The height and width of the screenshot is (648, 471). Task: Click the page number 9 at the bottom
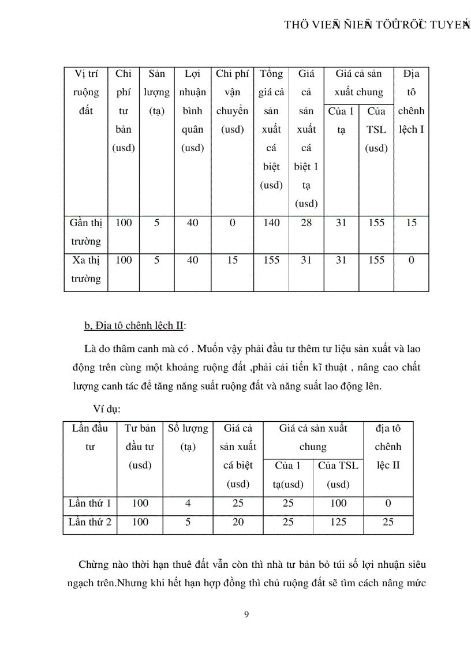click(x=247, y=614)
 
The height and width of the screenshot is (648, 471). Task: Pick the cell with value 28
click(x=306, y=223)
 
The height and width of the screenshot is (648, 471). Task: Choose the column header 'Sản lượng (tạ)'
click(x=156, y=92)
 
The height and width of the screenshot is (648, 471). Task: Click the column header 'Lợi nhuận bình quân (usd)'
click(x=192, y=111)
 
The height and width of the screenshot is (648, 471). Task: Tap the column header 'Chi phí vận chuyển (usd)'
click(x=232, y=102)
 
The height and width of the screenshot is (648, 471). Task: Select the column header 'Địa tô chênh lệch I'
click(x=411, y=102)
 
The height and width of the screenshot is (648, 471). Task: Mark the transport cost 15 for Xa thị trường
click(x=232, y=260)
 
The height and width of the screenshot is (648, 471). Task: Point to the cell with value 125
click(x=338, y=522)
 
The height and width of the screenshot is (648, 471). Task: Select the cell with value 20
click(x=238, y=522)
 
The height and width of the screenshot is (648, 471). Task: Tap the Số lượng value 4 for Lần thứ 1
click(x=188, y=503)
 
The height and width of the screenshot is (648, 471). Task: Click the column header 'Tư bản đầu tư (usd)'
click(x=140, y=447)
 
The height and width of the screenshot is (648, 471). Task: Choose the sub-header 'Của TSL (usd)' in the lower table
click(x=338, y=475)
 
